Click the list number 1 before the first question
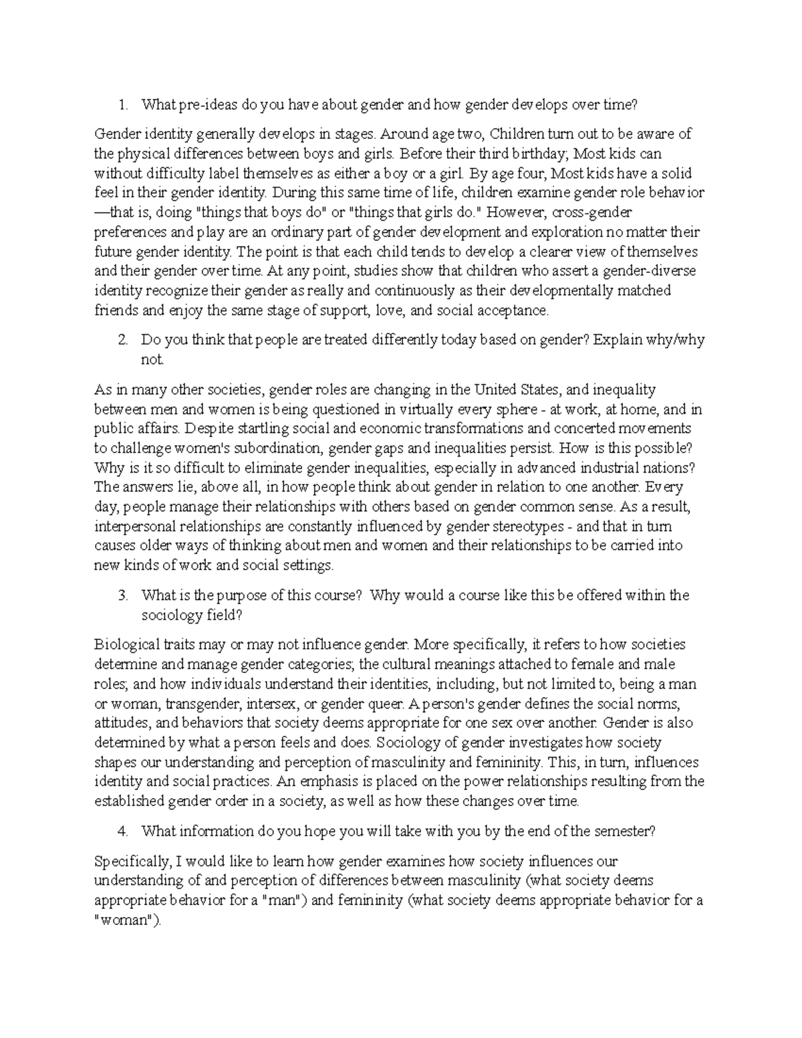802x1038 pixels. [x=122, y=104]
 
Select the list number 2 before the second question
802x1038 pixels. [x=122, y=340]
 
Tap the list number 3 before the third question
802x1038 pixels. [x=122, y=595]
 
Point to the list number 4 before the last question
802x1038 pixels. [x=122, y=831]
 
